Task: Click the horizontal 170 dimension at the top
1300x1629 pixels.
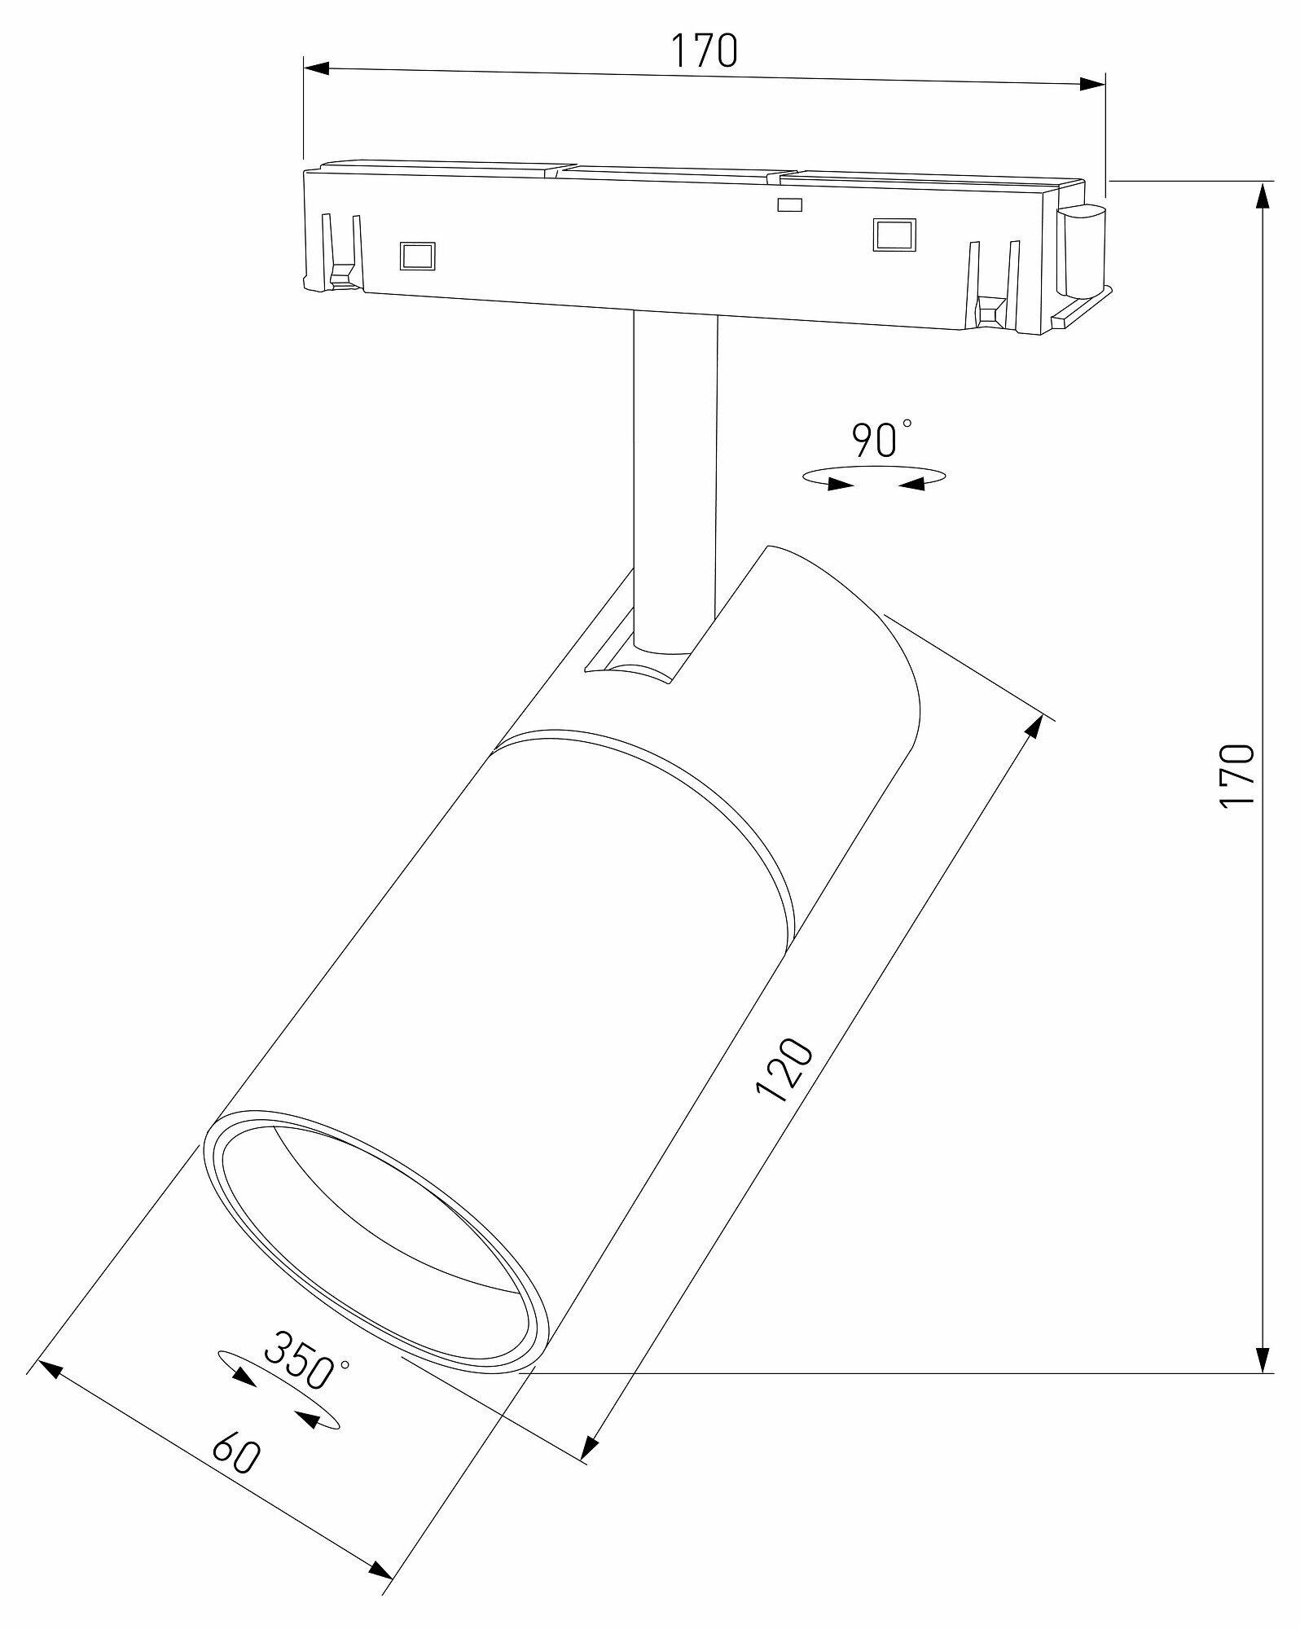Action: tap(704, 50)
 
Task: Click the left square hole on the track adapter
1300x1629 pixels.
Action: tap(417, 256)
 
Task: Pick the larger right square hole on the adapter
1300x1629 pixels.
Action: tap(894, 234)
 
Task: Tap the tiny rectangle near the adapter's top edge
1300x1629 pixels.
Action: tap(789, 204)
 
